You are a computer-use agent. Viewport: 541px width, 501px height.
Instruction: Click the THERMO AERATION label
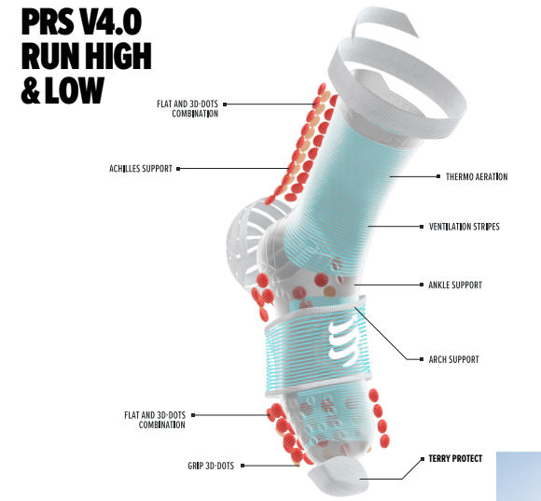[x=477, y=176]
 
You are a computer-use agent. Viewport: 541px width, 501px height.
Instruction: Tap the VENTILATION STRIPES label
[x=465, y=227]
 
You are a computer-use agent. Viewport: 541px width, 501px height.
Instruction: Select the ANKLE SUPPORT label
[x=455, y=285]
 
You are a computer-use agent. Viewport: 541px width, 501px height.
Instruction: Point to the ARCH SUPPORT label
[x=453, y=359]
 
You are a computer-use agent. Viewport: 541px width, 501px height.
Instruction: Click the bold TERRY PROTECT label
[x=455, y=459]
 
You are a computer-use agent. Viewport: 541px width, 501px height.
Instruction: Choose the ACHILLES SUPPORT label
[x=141, y=169]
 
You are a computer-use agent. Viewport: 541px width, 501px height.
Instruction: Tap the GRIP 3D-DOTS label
[x=211, y=466]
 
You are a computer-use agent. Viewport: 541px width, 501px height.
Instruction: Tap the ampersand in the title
[x=31, y=90]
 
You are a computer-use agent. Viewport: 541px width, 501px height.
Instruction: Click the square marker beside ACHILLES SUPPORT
[x=178, y=169]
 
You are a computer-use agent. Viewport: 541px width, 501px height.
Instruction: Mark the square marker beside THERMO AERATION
[x=438, y=176]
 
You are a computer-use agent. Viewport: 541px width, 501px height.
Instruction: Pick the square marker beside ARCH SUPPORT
[x=422, y=359]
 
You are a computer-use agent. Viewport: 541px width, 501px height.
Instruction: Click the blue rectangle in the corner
[x=519, y=476]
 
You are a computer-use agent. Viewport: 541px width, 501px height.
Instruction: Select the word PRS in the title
[x=48, y=22]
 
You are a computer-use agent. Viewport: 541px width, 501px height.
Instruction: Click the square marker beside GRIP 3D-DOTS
[x=243, y=466]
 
